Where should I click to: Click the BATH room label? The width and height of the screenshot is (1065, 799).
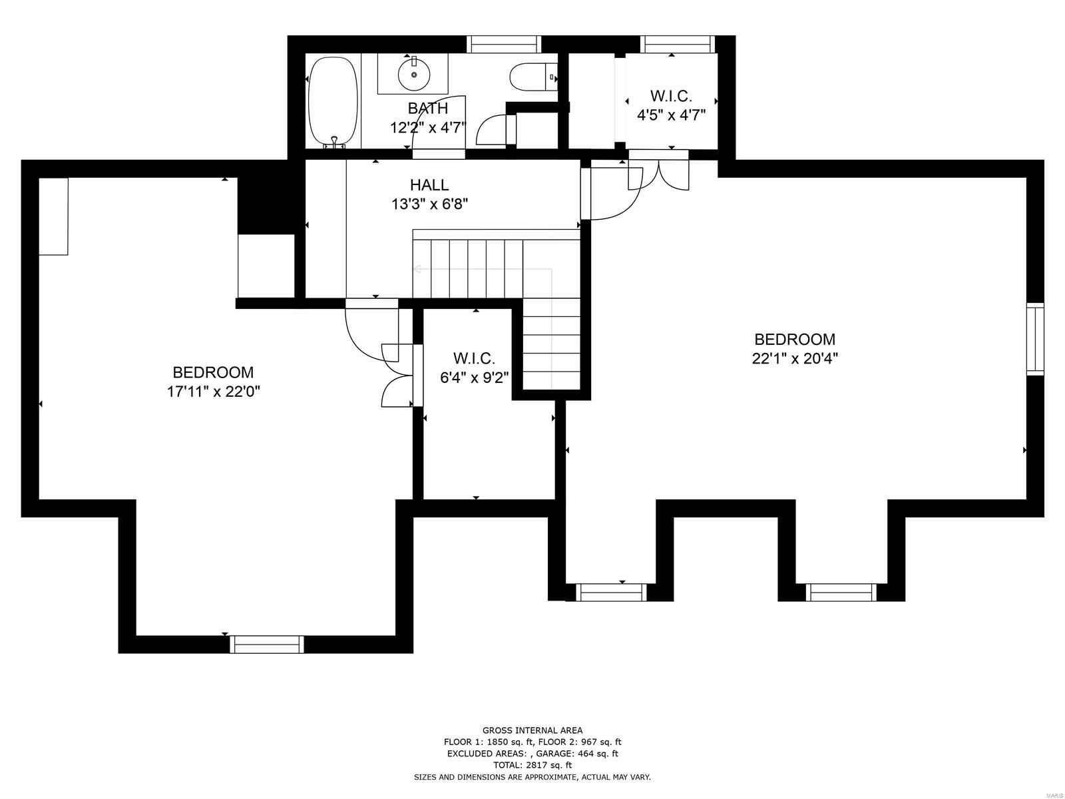tap(428, 108)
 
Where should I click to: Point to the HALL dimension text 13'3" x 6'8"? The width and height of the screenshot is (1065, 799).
tap(429, 204)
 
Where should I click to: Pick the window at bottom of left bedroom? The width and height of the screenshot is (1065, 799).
tap(267, 644)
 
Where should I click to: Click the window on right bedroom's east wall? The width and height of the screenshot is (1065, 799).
tap(1035, 339)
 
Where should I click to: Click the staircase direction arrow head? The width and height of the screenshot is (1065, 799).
tap(417, 269)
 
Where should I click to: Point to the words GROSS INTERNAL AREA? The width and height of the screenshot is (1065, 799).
tap(532, 730)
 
